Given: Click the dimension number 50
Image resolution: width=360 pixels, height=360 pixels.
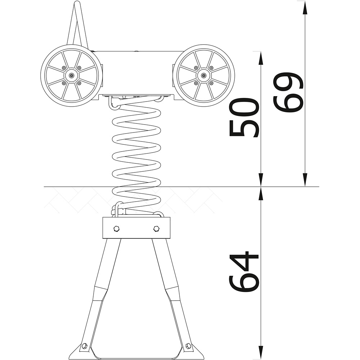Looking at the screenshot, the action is click(x=244, y=117).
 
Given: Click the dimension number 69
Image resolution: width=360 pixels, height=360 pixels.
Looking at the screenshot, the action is click(x=288, y=92).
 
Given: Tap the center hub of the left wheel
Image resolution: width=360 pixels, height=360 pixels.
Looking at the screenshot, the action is click(x=72, y=75).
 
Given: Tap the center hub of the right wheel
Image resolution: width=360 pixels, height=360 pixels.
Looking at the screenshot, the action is click(x=203, y=75).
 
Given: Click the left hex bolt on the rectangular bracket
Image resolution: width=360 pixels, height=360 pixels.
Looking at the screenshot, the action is click(x=116, y=229).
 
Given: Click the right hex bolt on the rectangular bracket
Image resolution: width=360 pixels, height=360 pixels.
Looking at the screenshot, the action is click(x=156, y=229).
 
